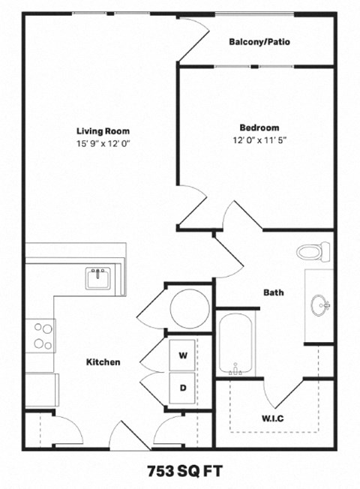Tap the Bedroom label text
tap(259, 127)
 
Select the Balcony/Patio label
tap(259, 42)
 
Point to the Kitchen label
tap(103, 361)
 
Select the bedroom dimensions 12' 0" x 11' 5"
tap(259, 140)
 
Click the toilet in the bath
tap(313, 250)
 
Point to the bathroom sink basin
tap(320, 304)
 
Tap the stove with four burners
tap(43, 335)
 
